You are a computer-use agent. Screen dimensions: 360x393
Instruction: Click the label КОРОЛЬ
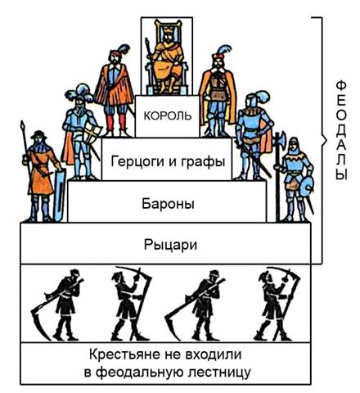click(168, 116)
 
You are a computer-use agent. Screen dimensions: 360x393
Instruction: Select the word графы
click(203, 161)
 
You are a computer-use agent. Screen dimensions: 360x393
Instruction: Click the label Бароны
click(168, 204)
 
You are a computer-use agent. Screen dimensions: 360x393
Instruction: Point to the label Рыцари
click(170, 245)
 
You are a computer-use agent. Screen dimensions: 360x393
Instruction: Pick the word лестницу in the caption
click(213, 373)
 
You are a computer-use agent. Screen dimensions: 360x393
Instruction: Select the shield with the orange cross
click(92, 133)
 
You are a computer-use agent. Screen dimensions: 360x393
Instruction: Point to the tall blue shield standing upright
click(59, 195)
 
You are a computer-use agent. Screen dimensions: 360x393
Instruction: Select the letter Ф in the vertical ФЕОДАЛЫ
click(341, 85)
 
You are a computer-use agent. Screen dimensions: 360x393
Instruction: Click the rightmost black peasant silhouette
click(277, 305)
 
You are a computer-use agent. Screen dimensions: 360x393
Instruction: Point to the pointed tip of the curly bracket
click(326, 141)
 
